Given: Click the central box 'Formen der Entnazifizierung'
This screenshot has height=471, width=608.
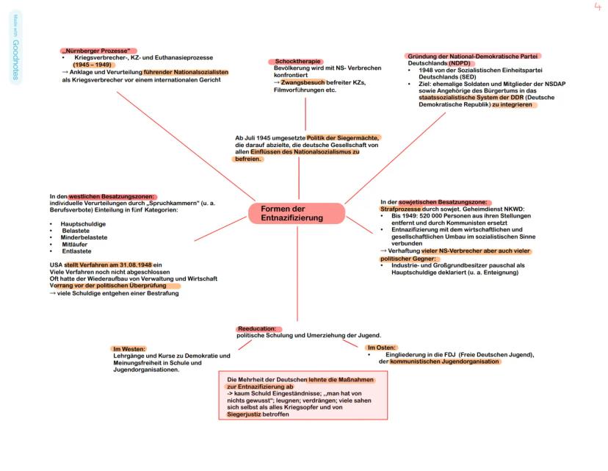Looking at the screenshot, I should click(297, 214).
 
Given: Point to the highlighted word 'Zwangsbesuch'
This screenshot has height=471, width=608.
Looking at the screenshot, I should click(303, 82).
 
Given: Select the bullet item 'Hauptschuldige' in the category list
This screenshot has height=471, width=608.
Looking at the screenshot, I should click(83, 223).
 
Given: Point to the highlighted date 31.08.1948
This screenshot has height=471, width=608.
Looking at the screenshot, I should click(133, 265).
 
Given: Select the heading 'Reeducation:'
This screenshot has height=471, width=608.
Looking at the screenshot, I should click(257, 328).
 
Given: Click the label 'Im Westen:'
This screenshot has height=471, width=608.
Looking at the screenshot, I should click(129, 348).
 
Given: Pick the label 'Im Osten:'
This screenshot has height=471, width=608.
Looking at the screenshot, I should click(382, 348).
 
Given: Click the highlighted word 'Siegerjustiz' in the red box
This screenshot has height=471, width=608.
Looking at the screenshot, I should click(245, 414).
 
